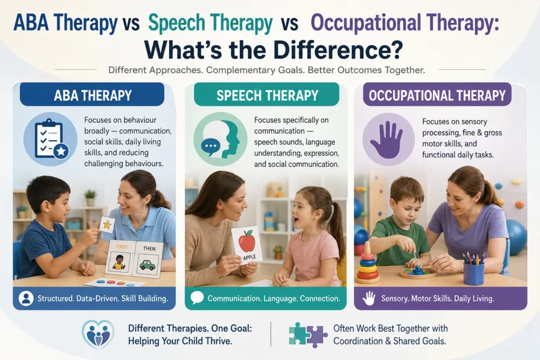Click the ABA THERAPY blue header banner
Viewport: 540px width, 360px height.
click(x=92, y=95)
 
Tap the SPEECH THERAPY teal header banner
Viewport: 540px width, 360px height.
click(x=266, y=95)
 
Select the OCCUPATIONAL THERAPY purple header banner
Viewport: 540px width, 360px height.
click(x=437, y=95)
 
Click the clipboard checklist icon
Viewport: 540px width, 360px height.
click(x=51, y=139)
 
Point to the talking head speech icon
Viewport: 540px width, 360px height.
click(x=220, y=139)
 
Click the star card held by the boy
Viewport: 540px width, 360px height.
click(x=107, y=225)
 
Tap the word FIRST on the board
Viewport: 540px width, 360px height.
click(x=122, y=247)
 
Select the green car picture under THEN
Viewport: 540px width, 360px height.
click(x=148, y=265)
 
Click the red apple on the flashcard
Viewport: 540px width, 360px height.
click(x=247, y=241)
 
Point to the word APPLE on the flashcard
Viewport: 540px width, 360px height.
click(x=249, y=257)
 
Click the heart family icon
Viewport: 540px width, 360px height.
click(x=98, y=334)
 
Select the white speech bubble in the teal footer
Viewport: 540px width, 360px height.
click(x=197, y=298)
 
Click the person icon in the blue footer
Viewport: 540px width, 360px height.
click(x=26, y=298)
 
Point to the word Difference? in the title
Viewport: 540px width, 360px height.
click(x=338, y=50)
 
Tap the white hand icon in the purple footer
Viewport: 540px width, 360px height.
click(x=369, y=298)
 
